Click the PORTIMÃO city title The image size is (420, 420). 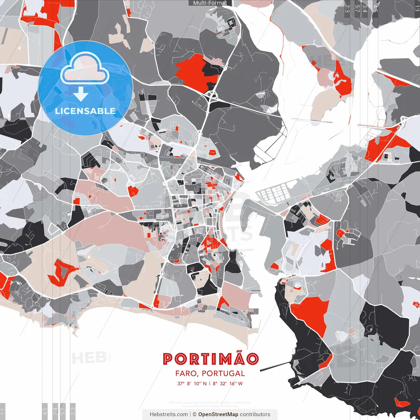[x=211, y=359]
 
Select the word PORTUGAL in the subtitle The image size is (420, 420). [x=223, y=373]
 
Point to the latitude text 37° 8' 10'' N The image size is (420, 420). [x=192, y=384]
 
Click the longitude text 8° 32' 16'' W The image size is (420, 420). [x=228, y=384]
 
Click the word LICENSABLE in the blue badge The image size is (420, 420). [x=85, y=111]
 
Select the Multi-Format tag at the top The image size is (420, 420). [x=210, y=3]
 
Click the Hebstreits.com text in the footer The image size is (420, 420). [x=169, y=414]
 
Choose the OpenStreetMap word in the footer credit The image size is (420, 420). [x=218, y=414]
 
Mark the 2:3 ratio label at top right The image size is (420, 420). [x=347, y=9]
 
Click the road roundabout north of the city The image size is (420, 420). [x=212, y=96]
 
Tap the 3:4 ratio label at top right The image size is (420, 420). [x=365, y=9]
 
